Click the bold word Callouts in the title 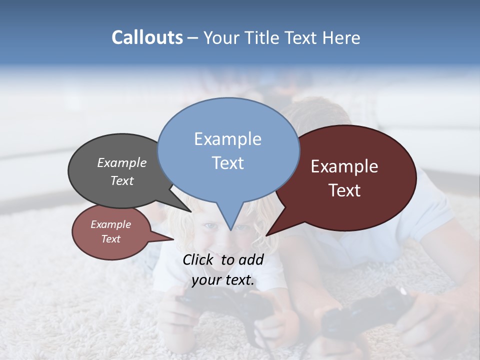[x=147, y=38]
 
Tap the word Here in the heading [x=341, y=38]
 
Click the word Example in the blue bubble [x=228, y=139]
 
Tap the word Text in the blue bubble [x=228, y=163]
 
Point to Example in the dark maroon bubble [x=344, y=166]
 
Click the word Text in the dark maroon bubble [x=344, y=190]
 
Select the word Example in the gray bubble [x=122, y=162]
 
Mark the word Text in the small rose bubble [x=111, y=239]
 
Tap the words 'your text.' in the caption [x=223, y=280]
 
